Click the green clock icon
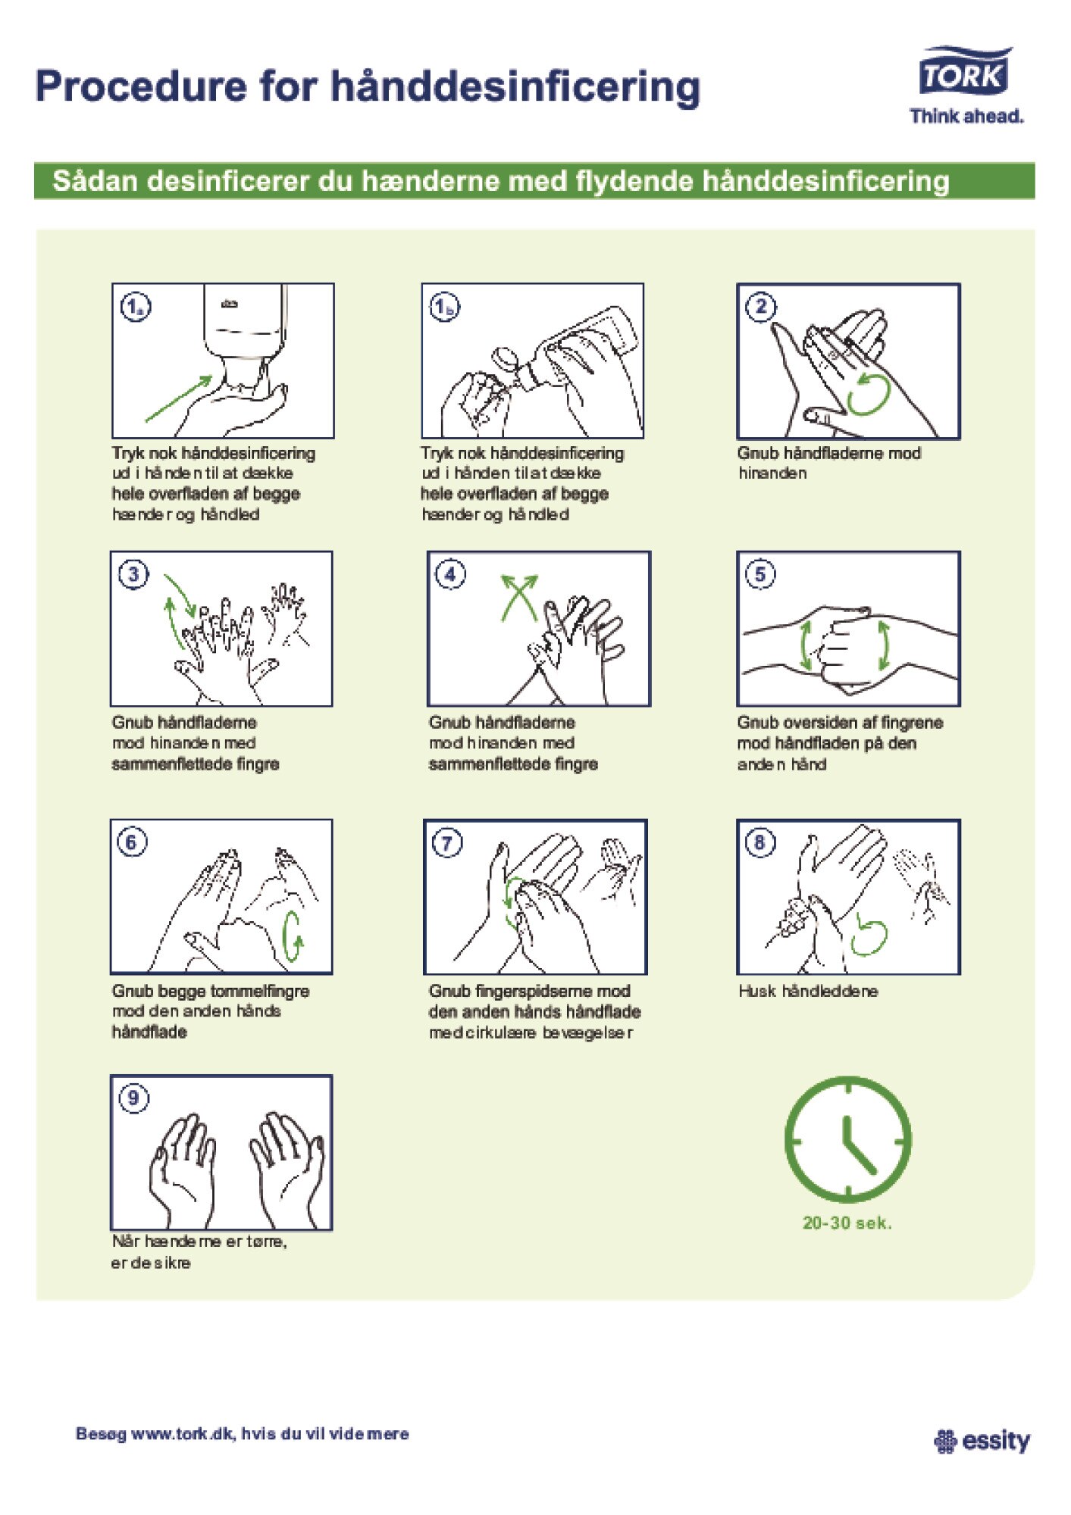tap(847, 1139)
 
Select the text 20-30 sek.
tap(847, 1223)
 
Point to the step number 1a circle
tap(135, 307)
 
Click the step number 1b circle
tap(445, 307)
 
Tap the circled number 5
tap(760, 574)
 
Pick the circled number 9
tap(133, 1098)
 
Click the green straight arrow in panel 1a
tap(179, 398)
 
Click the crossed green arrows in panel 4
tap(519, 598)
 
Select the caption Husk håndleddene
tap(808, 991)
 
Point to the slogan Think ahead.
tap(966, 116)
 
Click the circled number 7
tap(447, 843)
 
